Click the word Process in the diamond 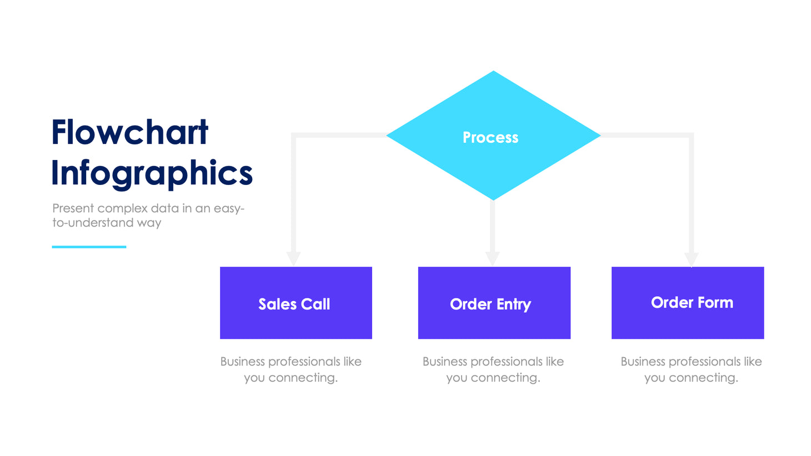[490, 137]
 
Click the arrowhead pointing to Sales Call [293, 258]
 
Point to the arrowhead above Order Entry [492, 258]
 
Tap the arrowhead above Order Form [691, 259]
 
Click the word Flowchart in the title [129, 133]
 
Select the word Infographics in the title [152, 173]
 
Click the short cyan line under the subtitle [89, 247]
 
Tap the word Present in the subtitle [73, 208]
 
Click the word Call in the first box [316, 304]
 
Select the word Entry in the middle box [514, 304]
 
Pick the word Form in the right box [715, 302]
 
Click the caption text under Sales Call [291, 369]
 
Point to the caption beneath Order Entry [493, 369]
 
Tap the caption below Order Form [691, 369]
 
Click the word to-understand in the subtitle [93, 223]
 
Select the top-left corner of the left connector [294, 135]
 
